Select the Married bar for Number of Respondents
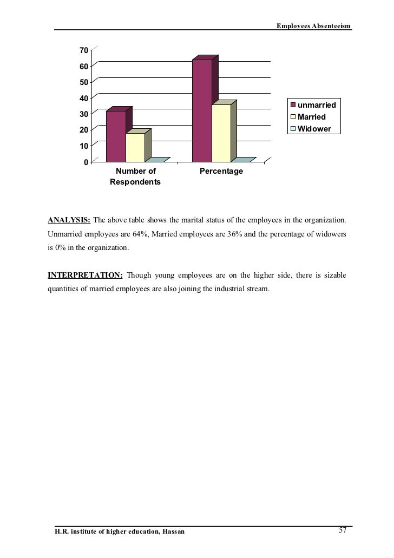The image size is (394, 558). pos(135,147)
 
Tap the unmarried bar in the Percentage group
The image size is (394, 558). pos(202,111)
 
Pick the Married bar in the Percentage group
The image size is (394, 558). pos(221,133)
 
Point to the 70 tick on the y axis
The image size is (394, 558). pos(83,50)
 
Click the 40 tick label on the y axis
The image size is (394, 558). pos(83,98)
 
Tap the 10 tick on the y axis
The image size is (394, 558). pos(83,146)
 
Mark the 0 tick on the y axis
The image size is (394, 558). pos(86,162)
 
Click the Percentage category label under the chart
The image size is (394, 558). pos(221,172)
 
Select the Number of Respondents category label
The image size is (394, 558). pos(135,177)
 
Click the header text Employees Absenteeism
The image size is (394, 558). pos(314,26)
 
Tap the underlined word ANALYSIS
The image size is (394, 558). pos(69,220)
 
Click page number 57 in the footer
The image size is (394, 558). pos(342,530)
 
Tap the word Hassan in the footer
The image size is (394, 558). pos(173,531)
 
